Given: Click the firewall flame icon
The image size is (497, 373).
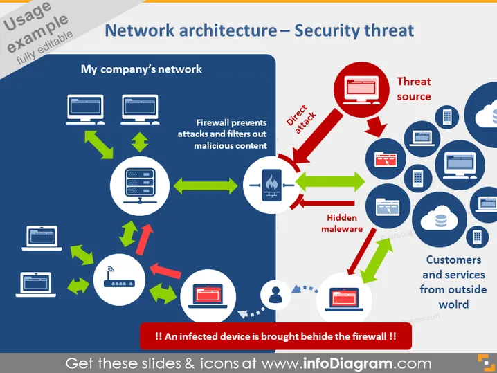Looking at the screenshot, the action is coord(271,185).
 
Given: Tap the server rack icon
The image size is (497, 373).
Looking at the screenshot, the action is coord(140,185).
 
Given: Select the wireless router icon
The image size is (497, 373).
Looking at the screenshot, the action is coord(119,278).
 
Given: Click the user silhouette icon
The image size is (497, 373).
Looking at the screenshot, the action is coord(275,295).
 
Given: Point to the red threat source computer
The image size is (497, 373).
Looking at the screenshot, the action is coord(361,90).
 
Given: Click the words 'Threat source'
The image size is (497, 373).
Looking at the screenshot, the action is coord(414,89).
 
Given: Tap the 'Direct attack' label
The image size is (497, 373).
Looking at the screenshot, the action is coord(301,120).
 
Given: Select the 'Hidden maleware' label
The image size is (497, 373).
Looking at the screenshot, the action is coord(342,223).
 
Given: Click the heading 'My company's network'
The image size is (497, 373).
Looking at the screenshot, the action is coord(141,69).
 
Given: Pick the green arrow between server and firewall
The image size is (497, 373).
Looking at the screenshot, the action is coord(206,185).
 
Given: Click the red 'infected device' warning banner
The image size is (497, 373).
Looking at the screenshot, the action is coord(275,336).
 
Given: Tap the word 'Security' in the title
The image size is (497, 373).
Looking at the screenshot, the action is coord(327,30).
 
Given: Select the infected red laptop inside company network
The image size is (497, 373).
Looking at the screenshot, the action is coord(208,296).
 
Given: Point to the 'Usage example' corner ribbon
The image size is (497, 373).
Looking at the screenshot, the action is coord(38,32).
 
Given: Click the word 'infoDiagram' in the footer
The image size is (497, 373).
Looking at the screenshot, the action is coord(347,363).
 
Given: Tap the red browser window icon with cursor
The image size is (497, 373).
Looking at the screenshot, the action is coord(386,159).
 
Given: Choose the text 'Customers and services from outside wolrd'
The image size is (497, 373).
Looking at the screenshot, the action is coord(453,282).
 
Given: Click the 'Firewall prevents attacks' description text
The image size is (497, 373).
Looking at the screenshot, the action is coord(222,134).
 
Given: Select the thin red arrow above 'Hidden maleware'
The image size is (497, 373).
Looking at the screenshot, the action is coord(327,203).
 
